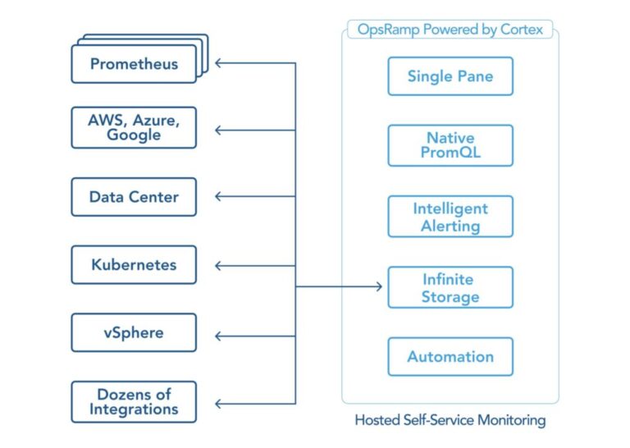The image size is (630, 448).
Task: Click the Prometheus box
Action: (x=134, y=64)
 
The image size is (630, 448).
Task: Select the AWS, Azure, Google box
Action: (x=134, y=127)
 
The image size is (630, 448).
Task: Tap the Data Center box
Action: (x=134, y=197)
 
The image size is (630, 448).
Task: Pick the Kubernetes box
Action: (x=134, y=265)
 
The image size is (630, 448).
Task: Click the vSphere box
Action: (x=134, y=332)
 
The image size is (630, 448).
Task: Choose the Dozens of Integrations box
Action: (x=134, y=401)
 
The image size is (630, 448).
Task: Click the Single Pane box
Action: (x=450, y=76)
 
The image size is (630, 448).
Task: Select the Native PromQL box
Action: (x=450, y=145)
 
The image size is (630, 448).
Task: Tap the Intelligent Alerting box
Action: (x=450, y=217)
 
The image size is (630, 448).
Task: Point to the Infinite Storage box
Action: (x=450, y=287)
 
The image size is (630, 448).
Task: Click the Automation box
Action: (x=450, y=356)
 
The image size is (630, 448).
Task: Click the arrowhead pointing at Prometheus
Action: (x=219, y=62)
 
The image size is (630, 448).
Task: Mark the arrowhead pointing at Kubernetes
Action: (x=219, y=265)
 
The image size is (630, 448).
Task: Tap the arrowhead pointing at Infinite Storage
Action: (x=378, y=286)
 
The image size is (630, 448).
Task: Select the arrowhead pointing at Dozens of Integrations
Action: (x=219, y=403)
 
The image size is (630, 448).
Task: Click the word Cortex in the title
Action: (x=518, y=29)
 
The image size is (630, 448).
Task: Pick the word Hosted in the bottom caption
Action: (x=376, y=420)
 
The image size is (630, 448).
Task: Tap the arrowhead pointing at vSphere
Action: (x=219, y=335)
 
